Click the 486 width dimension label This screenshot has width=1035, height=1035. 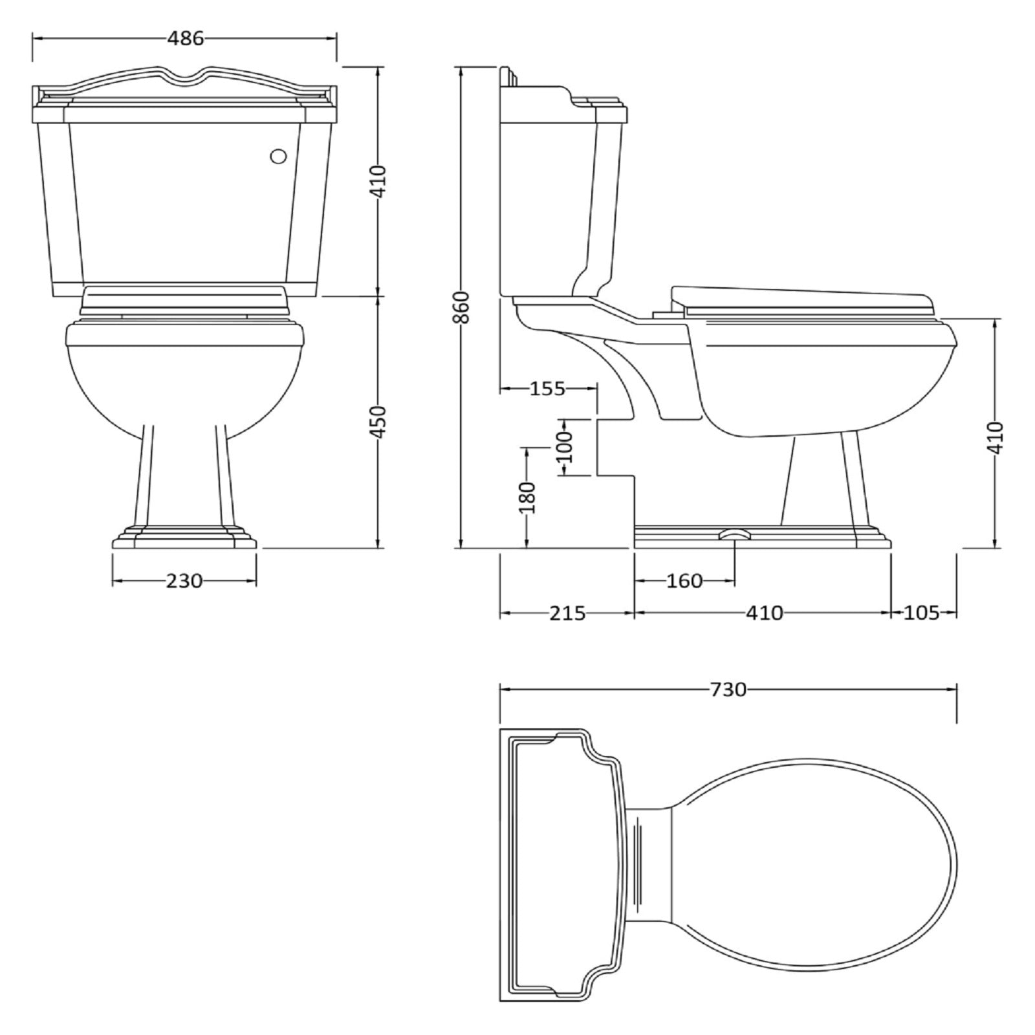click(185, 39)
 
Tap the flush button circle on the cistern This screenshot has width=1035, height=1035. click(278, 157)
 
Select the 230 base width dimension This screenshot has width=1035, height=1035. click(184, 581)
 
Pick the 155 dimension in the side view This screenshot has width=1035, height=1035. click(547, 389)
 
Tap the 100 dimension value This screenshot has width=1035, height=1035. click(565, 446)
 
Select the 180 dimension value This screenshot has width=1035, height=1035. click(528, 497)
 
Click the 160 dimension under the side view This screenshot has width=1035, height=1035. click(684, 581)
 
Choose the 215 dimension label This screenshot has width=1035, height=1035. click(567, 613)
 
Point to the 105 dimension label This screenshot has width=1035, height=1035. click(921, 613)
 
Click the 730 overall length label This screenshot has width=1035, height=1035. click(728, 690)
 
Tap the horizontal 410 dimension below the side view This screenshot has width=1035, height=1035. click(764, 613)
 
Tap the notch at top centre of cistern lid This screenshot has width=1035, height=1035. click(185, 76)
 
